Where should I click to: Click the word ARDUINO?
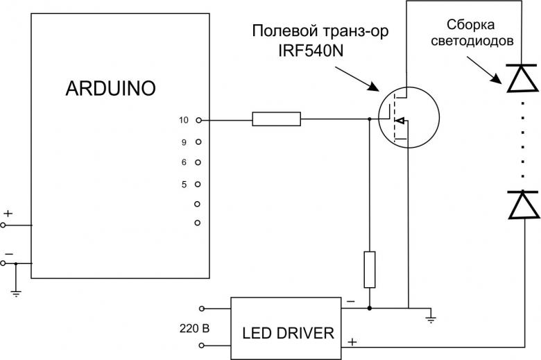coord(110,88)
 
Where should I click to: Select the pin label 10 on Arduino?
coord(184,120)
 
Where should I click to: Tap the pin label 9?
coord(184,142)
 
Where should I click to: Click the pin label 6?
coord(184,162)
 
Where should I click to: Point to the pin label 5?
coord(184,185)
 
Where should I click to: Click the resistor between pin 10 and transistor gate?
coord(276,120)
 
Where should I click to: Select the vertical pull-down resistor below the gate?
coord(370,270)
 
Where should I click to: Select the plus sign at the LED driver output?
coord(352,341)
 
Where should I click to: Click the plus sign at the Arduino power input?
coord(8,214)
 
